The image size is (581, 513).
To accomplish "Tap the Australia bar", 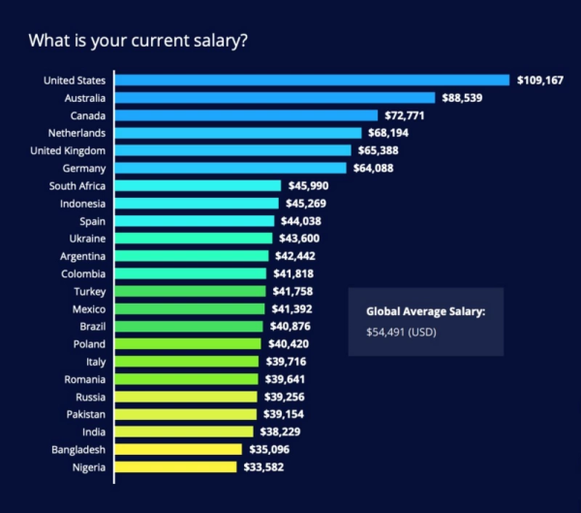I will coord(275,98).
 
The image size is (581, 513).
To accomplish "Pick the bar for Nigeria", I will coord(175,466).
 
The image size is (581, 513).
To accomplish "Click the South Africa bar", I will coord(198,185).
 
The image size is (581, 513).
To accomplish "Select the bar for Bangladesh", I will coord(178,449).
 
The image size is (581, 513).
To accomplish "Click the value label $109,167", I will coord(541,80).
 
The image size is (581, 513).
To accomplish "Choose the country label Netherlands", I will coord(76,133).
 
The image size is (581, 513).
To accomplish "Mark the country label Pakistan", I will coord(83,414).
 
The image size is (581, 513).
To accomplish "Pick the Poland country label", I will coord(89,343).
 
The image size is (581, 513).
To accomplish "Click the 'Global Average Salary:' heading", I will coord(425,311).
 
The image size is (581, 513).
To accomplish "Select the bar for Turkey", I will coord(190,291).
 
